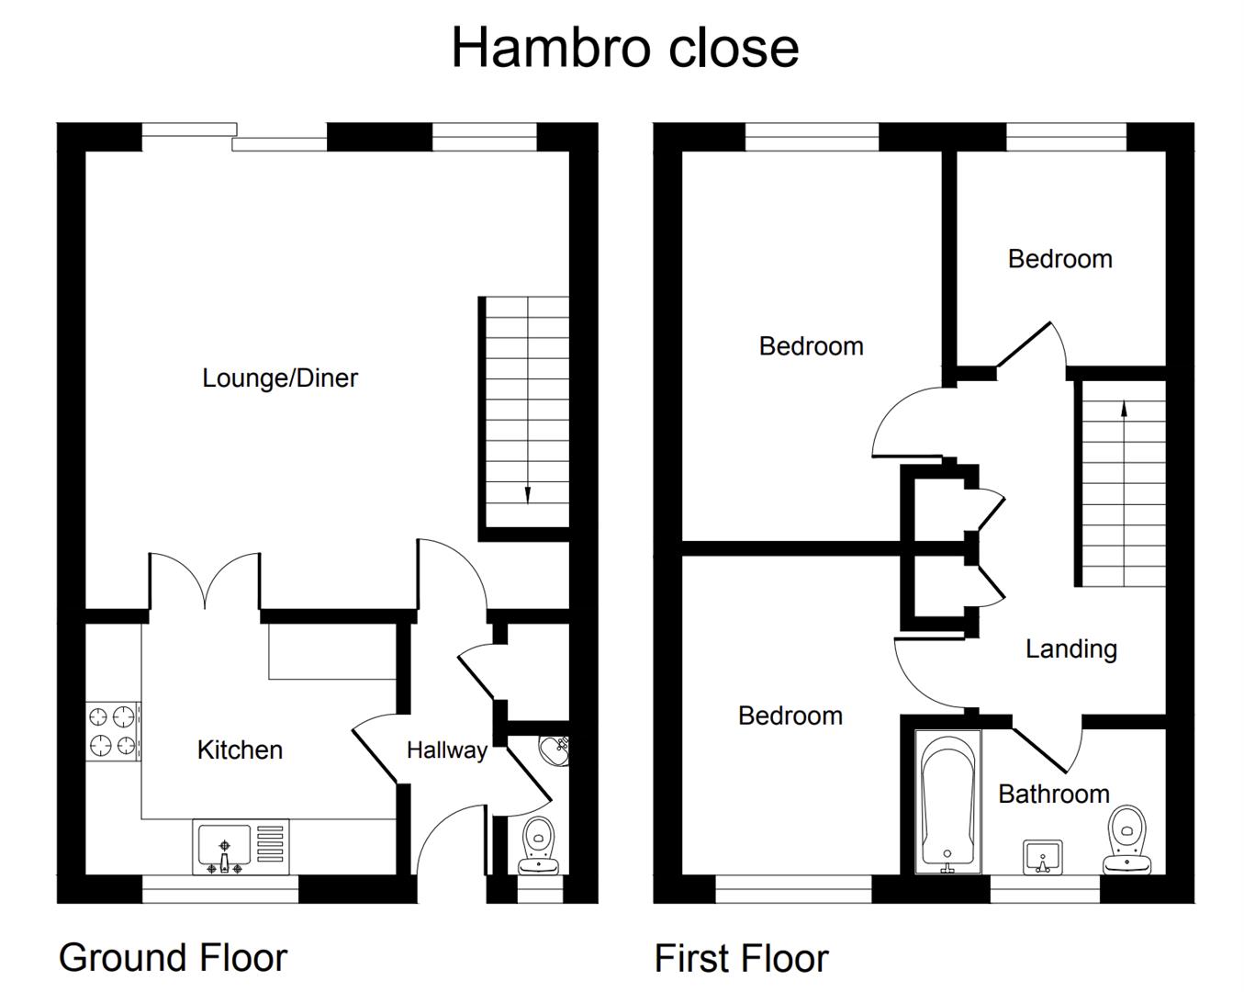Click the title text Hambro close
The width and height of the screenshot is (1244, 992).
point(624,48)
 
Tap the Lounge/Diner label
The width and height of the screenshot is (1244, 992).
point(280,378)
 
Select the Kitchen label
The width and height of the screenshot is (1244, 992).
point(240,750)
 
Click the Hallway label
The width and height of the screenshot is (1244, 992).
point(446,750)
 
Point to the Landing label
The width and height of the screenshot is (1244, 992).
point(1070,649)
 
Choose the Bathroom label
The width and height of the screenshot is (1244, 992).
point(1054,794)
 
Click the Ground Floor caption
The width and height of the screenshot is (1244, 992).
point(173,958)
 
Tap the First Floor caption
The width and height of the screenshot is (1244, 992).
point(741,959)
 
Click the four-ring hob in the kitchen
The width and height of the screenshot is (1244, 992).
point(113,731)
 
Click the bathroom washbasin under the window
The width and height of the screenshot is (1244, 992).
point(1042,857)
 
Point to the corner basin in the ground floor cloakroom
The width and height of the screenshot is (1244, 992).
point(556,750)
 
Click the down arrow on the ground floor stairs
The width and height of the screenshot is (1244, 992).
point(527,493)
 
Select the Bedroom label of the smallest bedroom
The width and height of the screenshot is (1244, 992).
point(1059,259)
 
